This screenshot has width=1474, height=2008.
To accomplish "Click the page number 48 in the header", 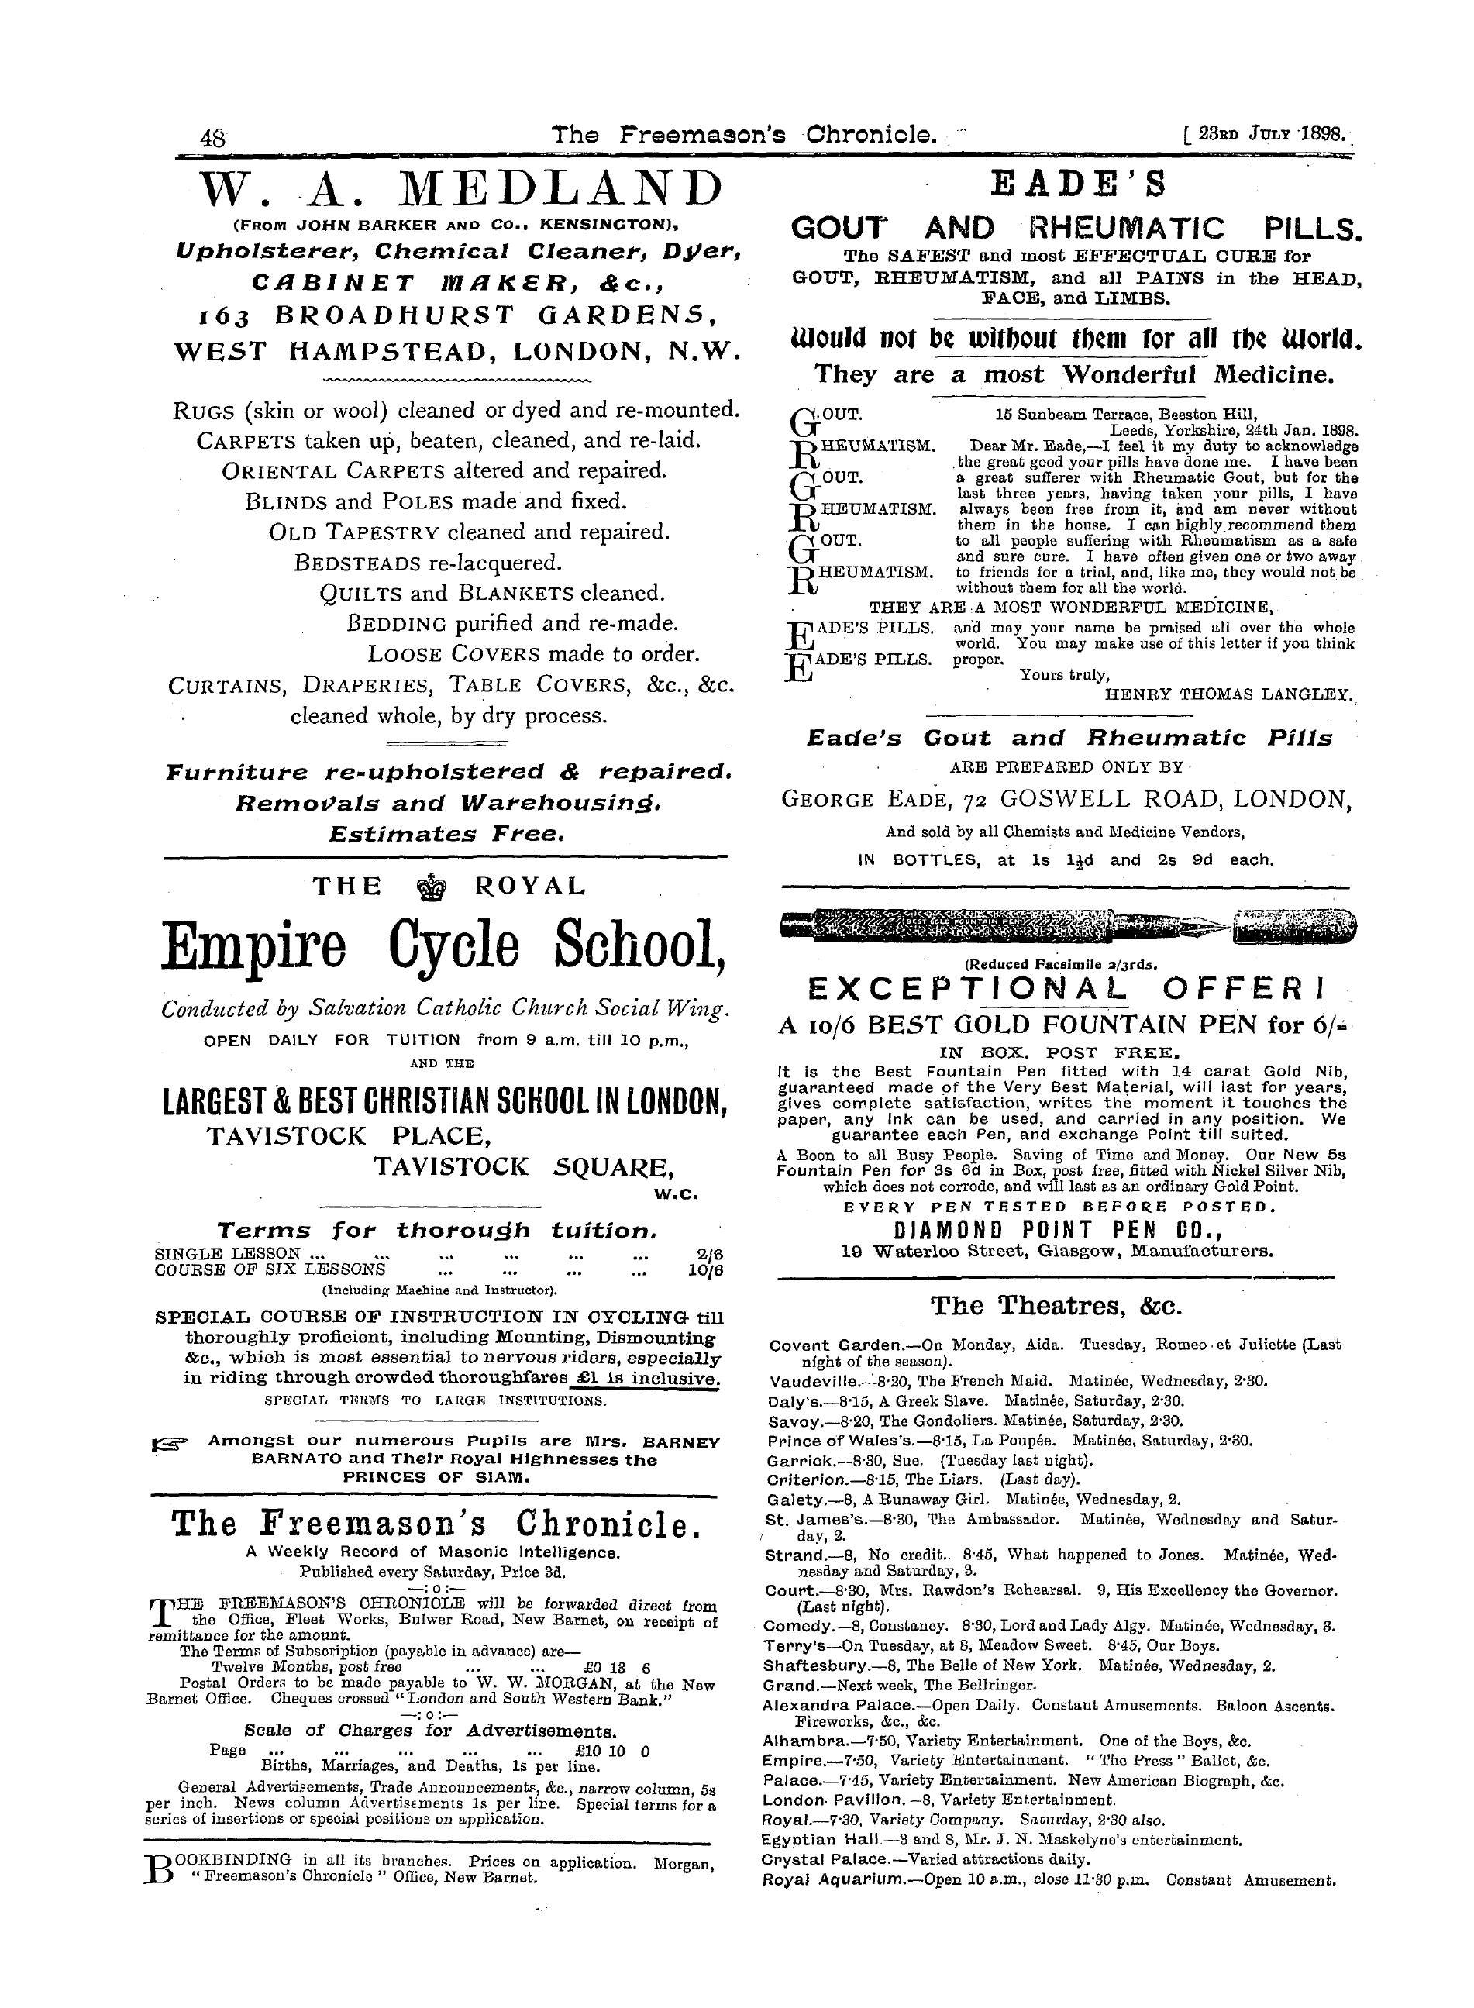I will (214, 138).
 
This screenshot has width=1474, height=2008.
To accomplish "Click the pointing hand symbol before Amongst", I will (169, 1443).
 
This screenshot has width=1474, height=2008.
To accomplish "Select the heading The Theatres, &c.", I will (1056, 1307).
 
